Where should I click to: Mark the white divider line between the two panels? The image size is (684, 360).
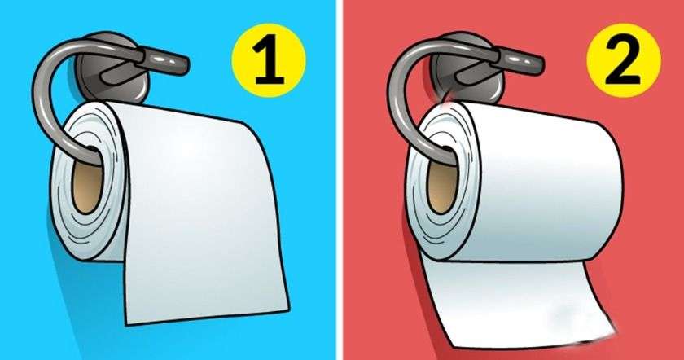[339, 180]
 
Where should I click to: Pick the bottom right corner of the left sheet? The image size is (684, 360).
[289, 310]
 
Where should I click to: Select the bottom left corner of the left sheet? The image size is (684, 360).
[127, 325]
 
